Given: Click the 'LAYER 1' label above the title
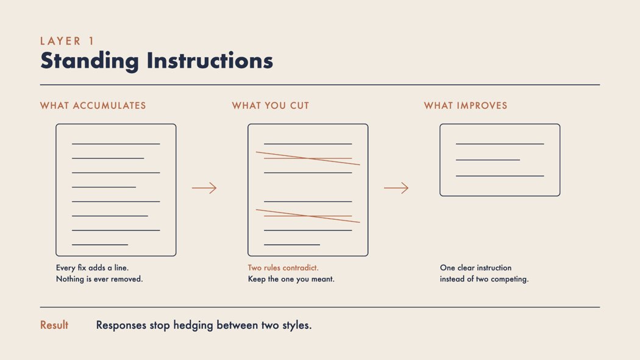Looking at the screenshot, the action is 67,41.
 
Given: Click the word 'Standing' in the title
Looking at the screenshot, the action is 90,61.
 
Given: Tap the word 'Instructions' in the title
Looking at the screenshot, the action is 210,60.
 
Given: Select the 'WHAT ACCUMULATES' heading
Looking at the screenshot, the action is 93,105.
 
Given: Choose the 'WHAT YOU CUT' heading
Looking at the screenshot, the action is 271,105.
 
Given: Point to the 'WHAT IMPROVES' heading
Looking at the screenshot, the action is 466,105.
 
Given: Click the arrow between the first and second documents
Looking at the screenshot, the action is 204,188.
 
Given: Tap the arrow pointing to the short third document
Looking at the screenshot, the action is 396,188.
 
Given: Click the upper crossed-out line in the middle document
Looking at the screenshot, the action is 308,158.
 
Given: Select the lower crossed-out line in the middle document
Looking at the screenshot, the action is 308,216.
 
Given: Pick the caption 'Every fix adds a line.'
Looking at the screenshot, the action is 92,268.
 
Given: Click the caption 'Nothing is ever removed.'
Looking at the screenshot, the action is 99,279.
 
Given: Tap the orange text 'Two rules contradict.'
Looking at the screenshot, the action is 283,268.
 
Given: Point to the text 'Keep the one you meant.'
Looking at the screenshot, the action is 291,279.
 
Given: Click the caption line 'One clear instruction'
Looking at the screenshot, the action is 475,268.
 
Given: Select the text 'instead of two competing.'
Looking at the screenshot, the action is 484,279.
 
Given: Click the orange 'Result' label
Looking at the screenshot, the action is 54,325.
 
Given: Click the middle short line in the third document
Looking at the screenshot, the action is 488,160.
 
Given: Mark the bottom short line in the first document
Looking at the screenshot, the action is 100,245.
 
